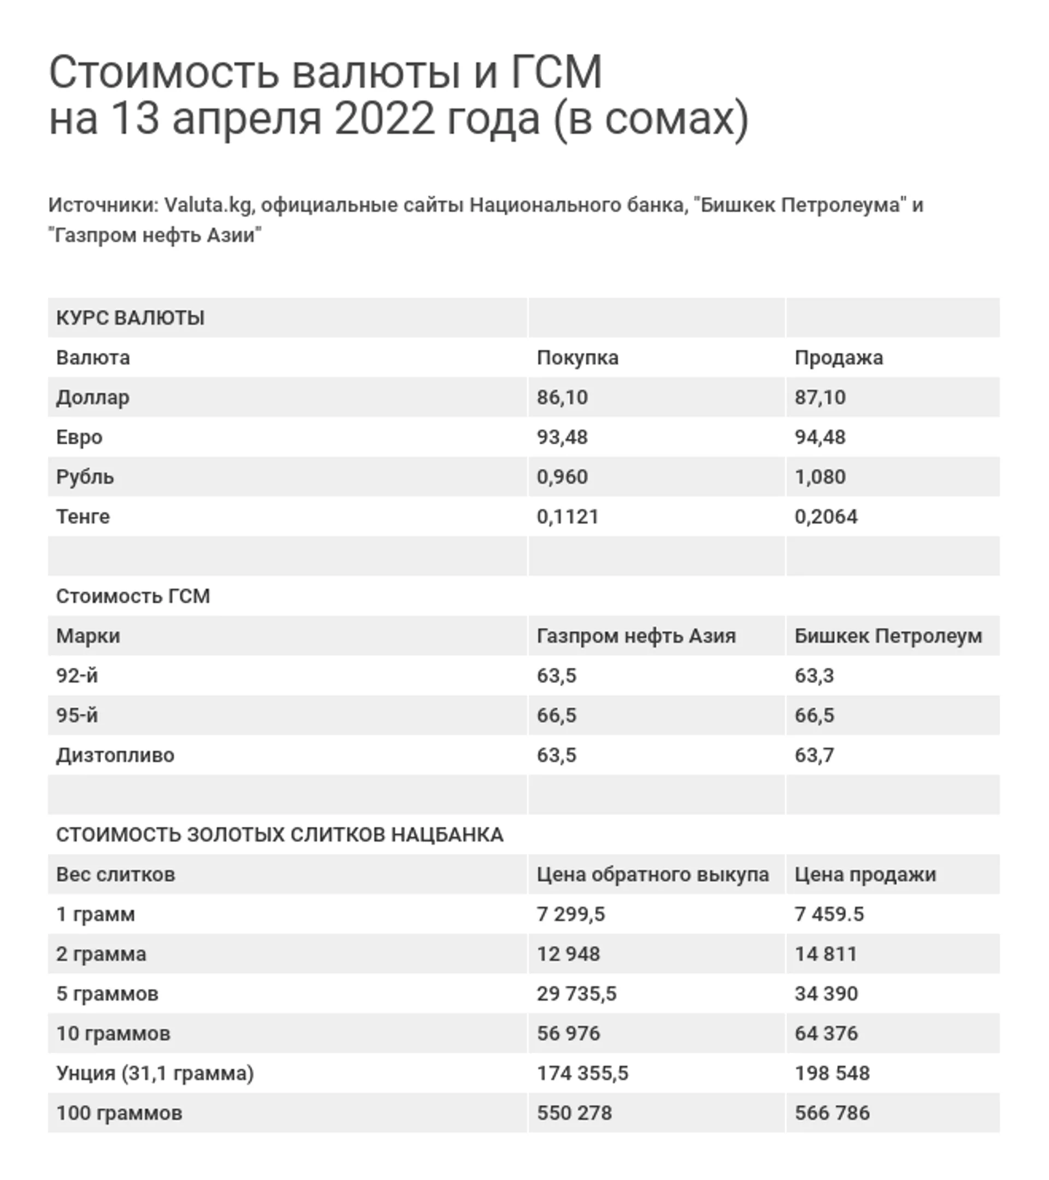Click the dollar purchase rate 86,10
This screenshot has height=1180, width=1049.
point(562,397)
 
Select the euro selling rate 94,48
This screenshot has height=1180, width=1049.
point(820,437)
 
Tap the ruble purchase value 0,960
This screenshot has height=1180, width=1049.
point(562,477)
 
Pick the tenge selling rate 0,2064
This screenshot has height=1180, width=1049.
point(826,517)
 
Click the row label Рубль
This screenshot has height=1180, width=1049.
point(85,477)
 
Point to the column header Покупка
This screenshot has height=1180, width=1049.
point(577,358)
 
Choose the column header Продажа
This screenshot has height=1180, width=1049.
point(838,358)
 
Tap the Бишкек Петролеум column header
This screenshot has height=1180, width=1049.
point(888,636)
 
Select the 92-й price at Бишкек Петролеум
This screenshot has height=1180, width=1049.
point(814,675)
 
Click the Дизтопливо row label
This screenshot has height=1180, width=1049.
point(115,755)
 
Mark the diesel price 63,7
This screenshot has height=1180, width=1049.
point(814,755)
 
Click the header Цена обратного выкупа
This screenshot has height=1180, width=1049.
point(652,875)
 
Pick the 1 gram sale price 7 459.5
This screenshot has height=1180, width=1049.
point(829,915)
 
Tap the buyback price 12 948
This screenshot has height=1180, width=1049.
point(568,954)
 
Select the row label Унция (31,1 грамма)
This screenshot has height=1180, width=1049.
point(155,1073)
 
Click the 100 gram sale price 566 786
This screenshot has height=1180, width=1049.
point(832,1113)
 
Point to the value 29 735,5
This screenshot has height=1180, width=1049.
point(576,994)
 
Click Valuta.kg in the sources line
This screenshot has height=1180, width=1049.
point(208,205)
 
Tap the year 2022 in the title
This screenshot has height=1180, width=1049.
point(384,119)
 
